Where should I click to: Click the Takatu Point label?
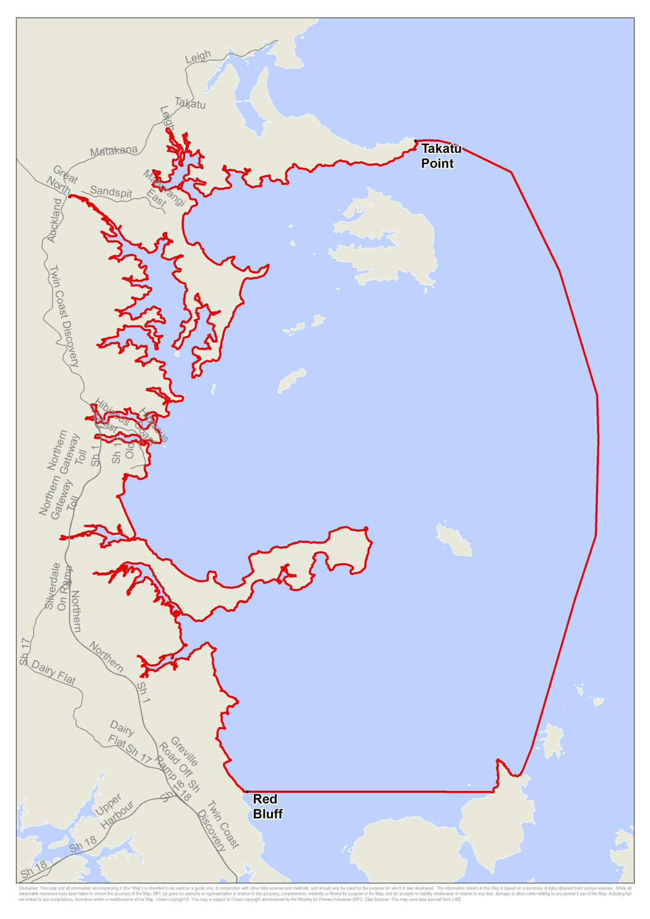[440, 156]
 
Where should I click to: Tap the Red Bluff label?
[267, 806]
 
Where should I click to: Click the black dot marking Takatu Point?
[415, 141]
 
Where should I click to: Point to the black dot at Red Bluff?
[246, 792]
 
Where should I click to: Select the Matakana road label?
[113, 151]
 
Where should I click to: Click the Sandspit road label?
[111, 192]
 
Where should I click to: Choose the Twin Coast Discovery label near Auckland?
[64, 316]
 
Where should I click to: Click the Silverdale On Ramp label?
[57, 587]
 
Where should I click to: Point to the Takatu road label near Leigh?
[190, 103]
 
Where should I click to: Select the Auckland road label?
[55, 220]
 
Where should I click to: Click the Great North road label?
[63, 179]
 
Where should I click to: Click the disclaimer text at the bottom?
[325, 894]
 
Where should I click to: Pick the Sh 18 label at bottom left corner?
[34, 869]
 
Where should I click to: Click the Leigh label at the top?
[198, 57]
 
